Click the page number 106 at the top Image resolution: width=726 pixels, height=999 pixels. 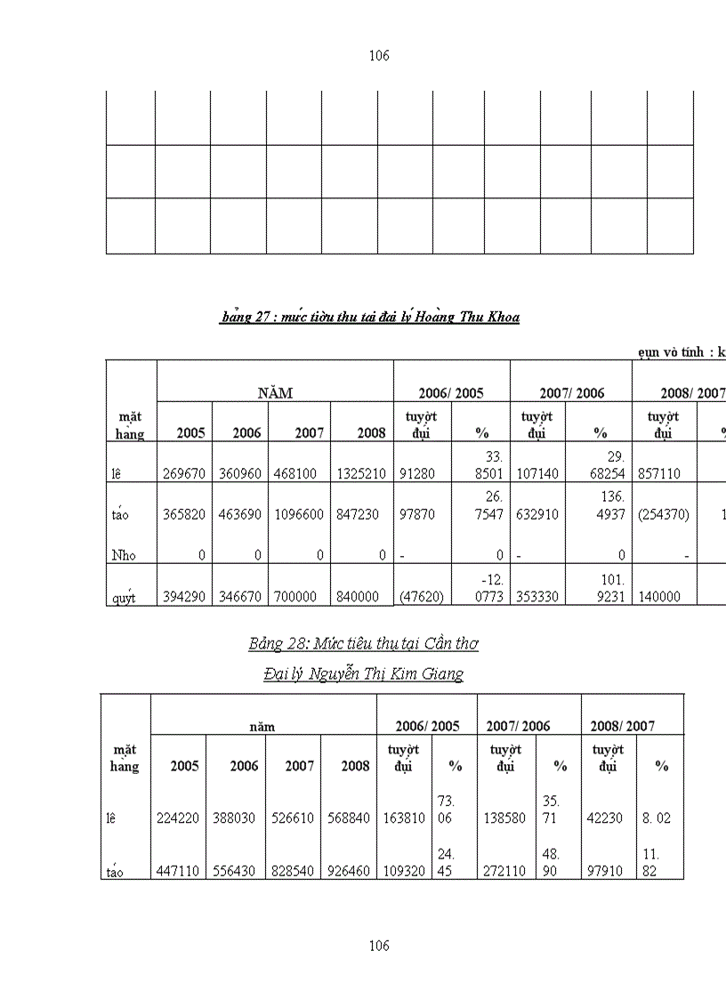379,56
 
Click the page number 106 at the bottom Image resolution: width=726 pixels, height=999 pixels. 379,946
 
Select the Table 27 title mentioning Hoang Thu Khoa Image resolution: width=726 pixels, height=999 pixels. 370,317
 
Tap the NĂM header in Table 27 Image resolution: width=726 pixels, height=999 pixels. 275,392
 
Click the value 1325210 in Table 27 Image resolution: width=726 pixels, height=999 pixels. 361,474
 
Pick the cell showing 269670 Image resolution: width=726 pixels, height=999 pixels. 184,474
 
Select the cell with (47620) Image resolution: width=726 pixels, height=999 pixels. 422,597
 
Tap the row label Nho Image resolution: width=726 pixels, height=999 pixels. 124,555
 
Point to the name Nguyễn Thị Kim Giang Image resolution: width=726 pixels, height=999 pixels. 364,674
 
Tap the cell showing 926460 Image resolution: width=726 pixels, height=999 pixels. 347,872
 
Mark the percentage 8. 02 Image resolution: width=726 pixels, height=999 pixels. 657,818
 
